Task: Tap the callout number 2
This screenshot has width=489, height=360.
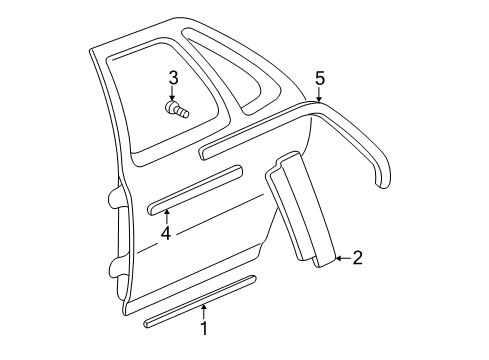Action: tap(357, 258)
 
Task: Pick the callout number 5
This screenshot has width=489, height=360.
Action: tap(320, 78)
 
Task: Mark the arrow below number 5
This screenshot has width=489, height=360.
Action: tap(319, 95)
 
